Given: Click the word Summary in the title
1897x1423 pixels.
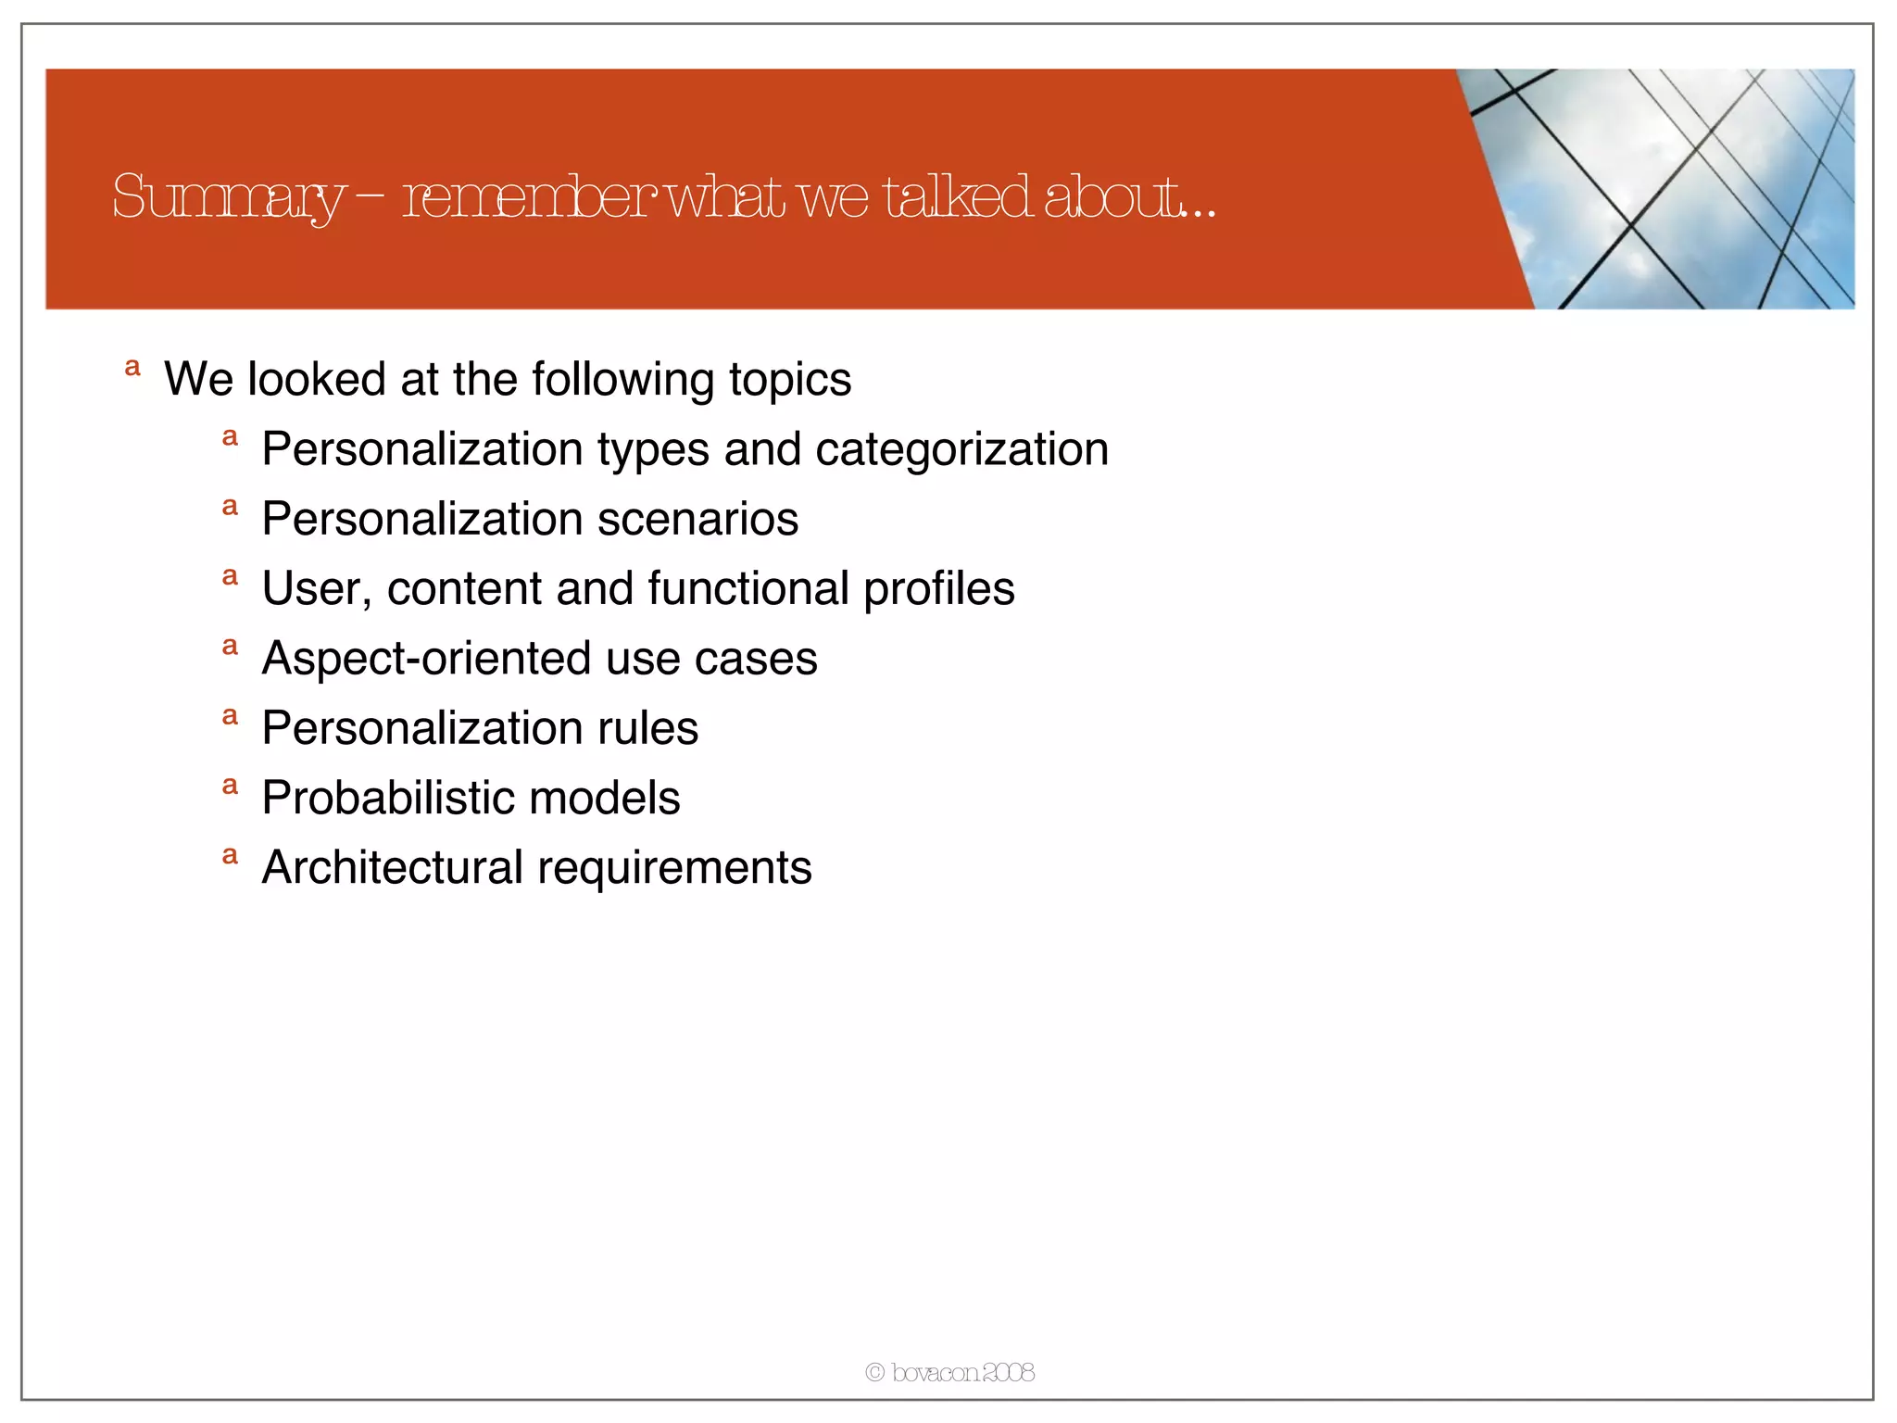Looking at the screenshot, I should pyautogui.click(x=227, y=197).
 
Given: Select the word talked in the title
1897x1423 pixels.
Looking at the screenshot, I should pyautogui.click(x=957, y=197).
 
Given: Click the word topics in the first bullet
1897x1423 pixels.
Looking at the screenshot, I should pyautogui.click(x=789, y=380).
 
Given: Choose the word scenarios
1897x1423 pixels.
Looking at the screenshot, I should pyautogui.click(x=697, y=519).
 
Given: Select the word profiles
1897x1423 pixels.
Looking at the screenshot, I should pyautogui.click(x=938, y=589).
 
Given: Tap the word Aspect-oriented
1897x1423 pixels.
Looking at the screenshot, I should pyautogui.click(x=427, y=659).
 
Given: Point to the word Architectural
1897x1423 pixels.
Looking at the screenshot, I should pyautogui.click(x=393, y=868).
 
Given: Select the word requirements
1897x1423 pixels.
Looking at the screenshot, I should pyautogui.click(x=674, y=868).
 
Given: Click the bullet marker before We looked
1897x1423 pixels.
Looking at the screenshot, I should pyautogui.click(x=132, y=368).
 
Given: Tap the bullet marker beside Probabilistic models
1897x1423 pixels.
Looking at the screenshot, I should pyautogui.click(x=231, y=787).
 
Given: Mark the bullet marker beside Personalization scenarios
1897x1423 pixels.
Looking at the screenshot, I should pyautogui.click(x=231, y=507).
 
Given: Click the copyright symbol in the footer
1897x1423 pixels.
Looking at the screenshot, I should pyautogui.click(x=874, y=1373).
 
